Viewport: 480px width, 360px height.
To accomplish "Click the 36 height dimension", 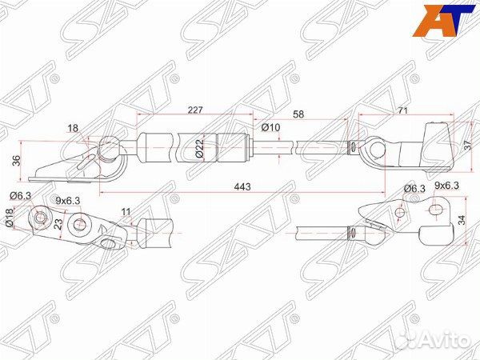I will [x=17, y=160].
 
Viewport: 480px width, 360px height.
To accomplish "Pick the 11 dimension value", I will [x=126, y=212].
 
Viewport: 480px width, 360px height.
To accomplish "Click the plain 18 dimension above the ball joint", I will [x=74, y=127].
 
